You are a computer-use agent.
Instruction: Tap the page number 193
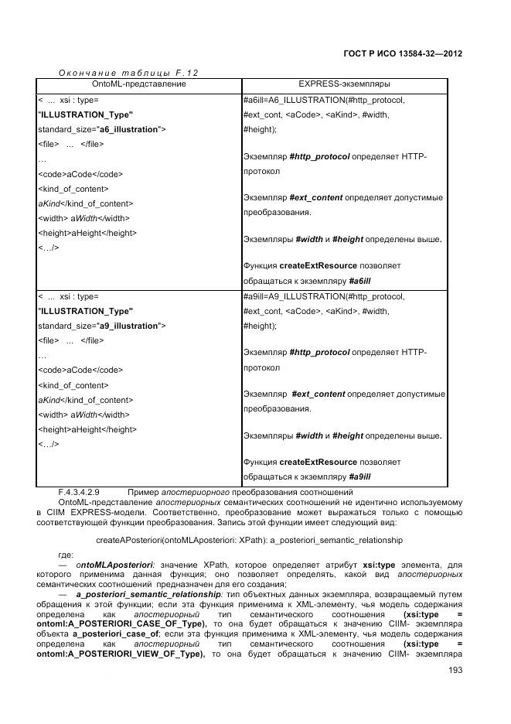[455, 670]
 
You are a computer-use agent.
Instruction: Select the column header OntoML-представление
[139, 83]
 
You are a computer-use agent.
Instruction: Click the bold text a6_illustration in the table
[131, 129]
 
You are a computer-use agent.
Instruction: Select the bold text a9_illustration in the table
[131, 326]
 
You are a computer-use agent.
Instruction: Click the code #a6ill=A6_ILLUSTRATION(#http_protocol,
[323, 100]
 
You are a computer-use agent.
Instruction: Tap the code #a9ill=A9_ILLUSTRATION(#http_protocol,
[323, 296]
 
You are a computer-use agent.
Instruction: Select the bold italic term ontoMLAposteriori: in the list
[115, 566]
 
